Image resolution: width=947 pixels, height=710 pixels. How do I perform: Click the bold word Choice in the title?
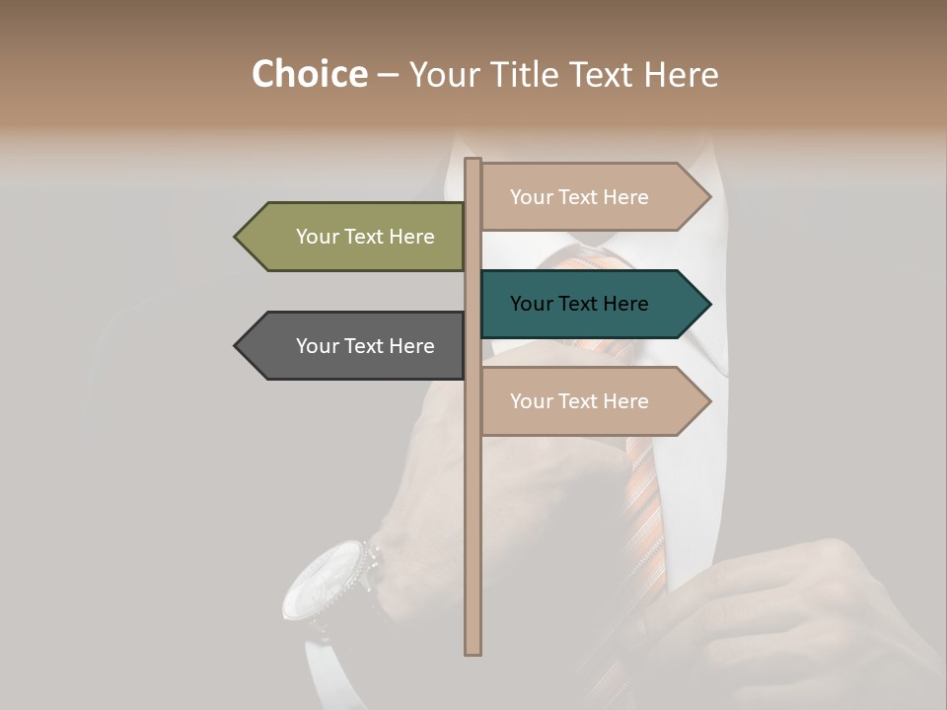coord(309,74)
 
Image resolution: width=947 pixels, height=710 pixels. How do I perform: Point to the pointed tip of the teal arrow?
coord(709,304)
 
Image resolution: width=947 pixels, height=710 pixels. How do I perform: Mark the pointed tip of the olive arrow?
coord(236,237)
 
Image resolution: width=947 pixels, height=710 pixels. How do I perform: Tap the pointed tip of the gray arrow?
coord(236,346)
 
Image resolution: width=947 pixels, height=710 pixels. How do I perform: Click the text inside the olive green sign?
coord(365,237)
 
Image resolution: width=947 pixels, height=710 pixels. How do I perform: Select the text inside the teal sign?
coord(579,304)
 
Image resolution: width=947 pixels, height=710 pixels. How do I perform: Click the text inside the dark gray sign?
coord(365,346)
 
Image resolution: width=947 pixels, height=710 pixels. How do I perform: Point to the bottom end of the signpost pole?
coord(473,651)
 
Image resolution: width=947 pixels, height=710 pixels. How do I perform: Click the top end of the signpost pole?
coord(473,161)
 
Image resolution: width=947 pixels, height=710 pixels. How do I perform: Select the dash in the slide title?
coord(388,75)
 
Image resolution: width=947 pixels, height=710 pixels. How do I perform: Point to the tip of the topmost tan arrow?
coord(709,197)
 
